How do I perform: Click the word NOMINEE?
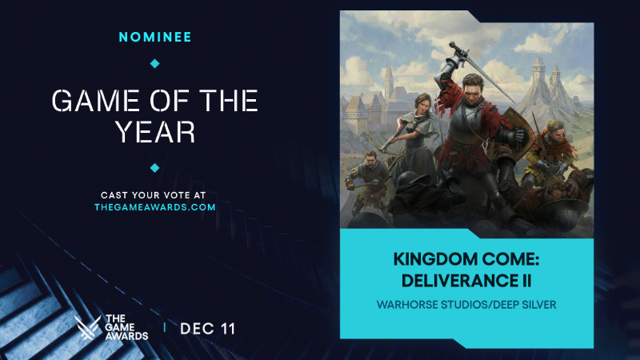click(154, 37)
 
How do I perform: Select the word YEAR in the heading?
click(155, 132)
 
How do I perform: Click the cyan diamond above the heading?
click(155, 63)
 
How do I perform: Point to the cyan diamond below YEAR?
click(155, 167)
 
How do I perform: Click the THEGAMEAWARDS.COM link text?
click(155, 207)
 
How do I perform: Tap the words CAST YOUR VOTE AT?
click(155, 194)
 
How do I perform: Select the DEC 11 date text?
click(208, 329)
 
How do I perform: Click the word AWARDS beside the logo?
click(126, 336)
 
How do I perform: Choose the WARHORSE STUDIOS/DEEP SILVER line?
click(467, 306)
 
